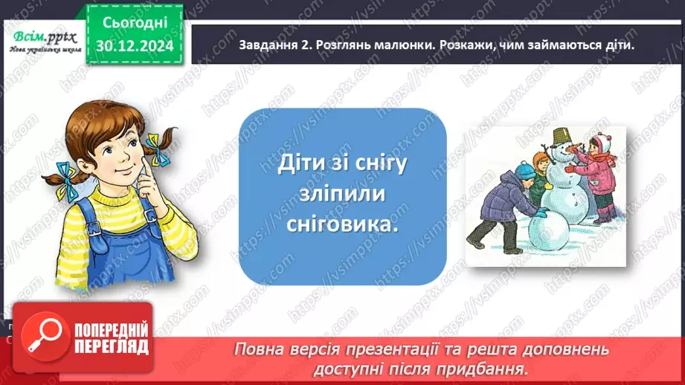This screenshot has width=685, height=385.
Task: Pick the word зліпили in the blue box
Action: pyautogui.click(x=342, y=195)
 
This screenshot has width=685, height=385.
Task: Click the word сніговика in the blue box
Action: pyautogui.click(x=342, y=225)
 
